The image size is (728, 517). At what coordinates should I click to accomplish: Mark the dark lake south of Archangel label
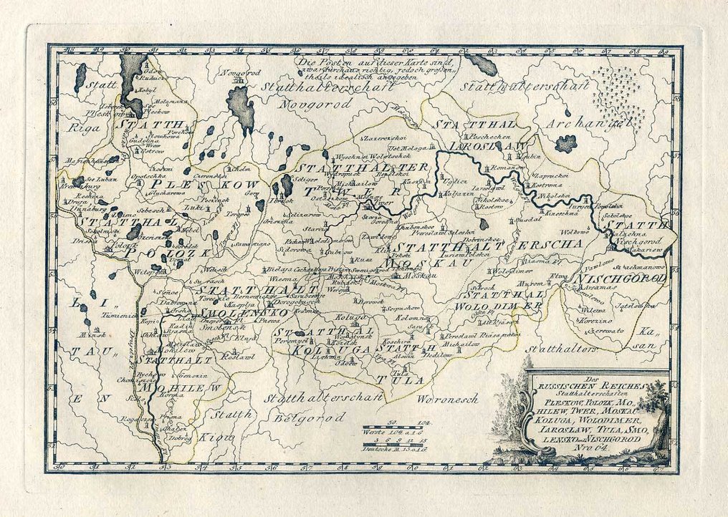(565, 143)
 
